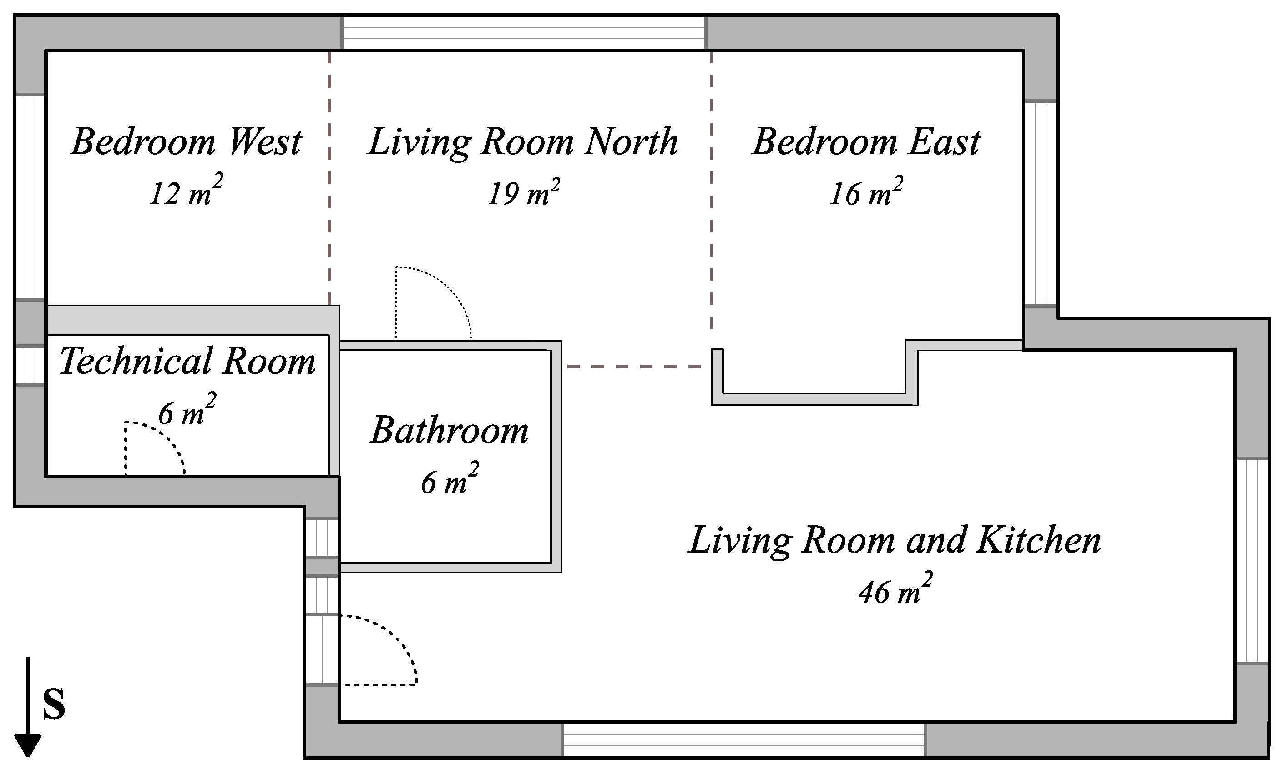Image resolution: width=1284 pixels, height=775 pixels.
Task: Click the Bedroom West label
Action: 186,141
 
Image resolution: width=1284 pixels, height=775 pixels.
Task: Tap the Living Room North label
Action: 523,141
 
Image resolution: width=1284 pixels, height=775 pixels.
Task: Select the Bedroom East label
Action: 866,141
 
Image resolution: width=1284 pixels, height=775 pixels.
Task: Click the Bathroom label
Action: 450,430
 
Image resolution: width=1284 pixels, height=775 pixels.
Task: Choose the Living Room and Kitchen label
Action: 895,540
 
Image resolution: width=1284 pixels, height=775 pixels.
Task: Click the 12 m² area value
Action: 186,191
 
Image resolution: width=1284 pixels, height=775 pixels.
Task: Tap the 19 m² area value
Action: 524,191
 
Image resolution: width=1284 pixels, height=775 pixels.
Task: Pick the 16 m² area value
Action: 866,191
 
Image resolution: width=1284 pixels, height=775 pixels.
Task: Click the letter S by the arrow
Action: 54,703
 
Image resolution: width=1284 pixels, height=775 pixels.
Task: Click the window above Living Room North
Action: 523,33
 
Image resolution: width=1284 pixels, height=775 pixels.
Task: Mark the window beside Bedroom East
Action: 1041,203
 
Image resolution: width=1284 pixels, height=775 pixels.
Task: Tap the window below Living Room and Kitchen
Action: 744,740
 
